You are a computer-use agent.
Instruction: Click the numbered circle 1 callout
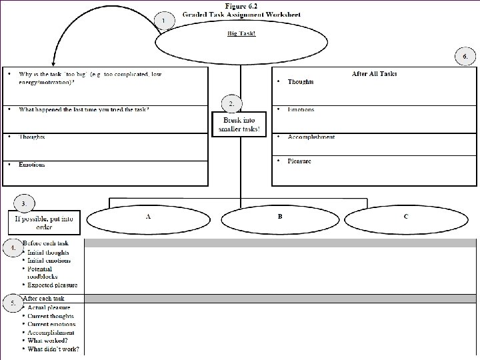coord(163,21)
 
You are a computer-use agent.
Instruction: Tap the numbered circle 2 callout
coord(231,104)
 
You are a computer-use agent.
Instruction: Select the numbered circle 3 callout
coord(24,203)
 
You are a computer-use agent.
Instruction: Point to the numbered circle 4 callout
coord(12,248)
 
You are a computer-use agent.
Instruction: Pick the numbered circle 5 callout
coord(12,303)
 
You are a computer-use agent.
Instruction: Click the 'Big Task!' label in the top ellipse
coord(241,34)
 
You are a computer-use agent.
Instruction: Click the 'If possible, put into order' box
coord(44,222)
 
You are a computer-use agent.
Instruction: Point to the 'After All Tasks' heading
coord(374,73)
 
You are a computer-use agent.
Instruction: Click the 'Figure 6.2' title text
coord(243,5)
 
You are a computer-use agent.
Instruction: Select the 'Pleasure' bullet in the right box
coord(299,161)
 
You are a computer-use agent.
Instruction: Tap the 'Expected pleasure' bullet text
coord(52,285)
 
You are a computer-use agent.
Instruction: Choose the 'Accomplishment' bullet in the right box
coord(311,137)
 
